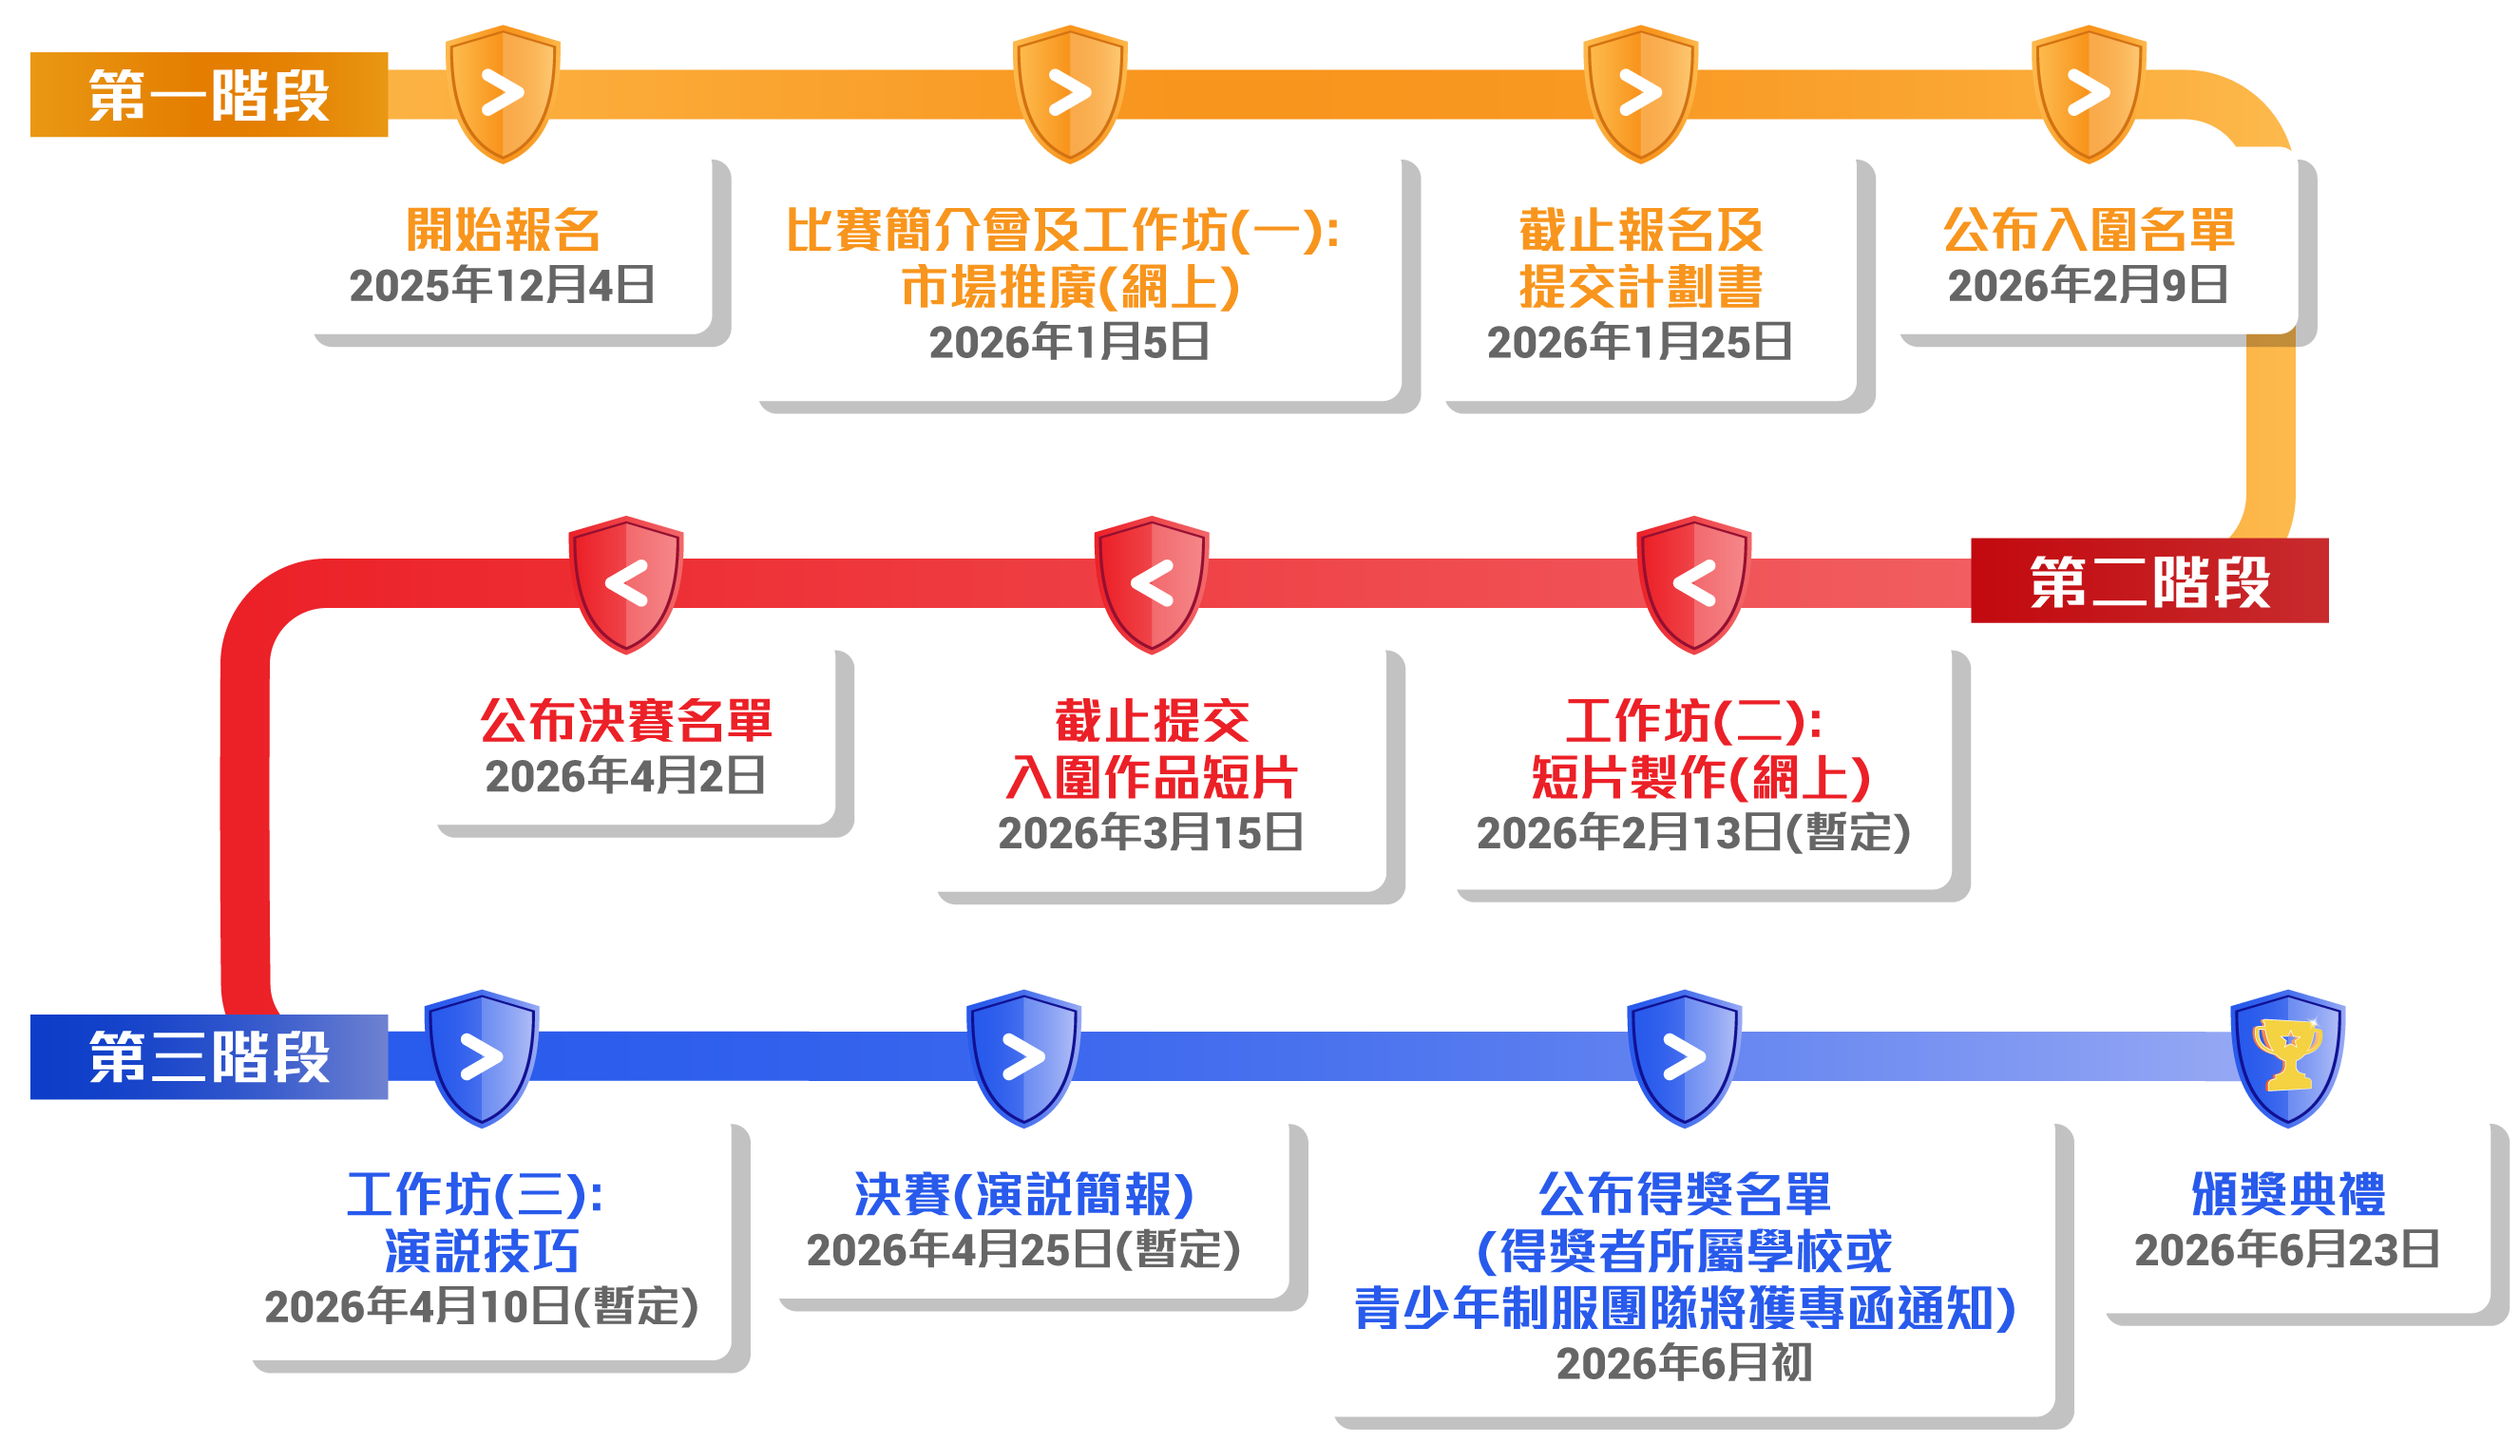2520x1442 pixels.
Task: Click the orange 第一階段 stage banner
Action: pos(209,95)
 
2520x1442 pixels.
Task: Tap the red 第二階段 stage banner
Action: pos(2148,581)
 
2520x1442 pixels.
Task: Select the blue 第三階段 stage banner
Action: pos(209,1056)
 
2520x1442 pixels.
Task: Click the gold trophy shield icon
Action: pos(2287,1056)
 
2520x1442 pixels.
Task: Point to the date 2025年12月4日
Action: pos(503,286)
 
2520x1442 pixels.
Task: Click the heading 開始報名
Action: pos(504,231)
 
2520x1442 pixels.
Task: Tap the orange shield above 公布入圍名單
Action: pos(2088,93)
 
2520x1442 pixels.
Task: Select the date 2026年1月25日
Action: pos(1639,343)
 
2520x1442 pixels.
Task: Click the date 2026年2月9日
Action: pos(2088,286)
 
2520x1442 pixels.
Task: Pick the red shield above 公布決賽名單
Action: pos(626,583)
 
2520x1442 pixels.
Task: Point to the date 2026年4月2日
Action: pos(626,776)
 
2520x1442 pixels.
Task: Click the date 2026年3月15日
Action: pos(1151,833)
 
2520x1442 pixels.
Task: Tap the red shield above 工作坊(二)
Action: pos(1694,583)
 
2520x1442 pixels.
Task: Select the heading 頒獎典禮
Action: pos(2287,1194)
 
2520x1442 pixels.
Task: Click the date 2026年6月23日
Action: pos(2287,1251)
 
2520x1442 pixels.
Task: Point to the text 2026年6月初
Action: pos(1684,1364)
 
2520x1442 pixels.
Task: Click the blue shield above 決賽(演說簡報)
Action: pos(1023,1056)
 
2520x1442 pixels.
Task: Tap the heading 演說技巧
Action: pos(482,1252)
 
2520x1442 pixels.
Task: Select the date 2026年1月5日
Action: pos(1070,343)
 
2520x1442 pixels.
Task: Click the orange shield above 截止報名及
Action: pos(1639,93)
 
